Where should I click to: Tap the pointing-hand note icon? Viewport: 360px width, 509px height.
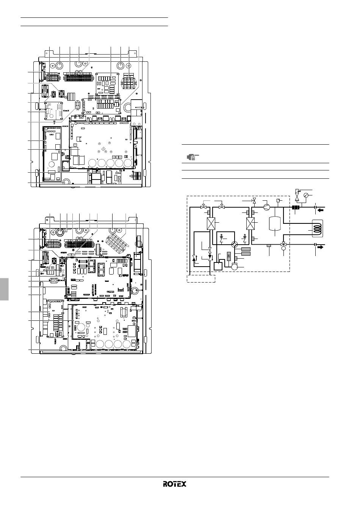(193, 157)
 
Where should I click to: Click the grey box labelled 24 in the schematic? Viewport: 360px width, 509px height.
(229, 256)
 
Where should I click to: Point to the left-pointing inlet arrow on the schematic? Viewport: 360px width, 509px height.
(321, 211)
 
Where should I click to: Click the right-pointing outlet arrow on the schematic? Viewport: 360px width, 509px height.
(320, 247)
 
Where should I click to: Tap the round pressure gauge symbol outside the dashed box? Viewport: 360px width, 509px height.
(306, 195)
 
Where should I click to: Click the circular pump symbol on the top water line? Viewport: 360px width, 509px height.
(266, 207)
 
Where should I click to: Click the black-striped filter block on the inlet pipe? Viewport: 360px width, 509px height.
(295, 207)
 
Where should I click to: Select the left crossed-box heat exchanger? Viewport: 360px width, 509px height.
(211, 223)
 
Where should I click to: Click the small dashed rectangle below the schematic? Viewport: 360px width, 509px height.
(201, 279)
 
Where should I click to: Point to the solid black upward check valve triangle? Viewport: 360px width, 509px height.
(194, 258)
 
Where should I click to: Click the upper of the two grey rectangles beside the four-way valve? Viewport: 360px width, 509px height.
(246, 249)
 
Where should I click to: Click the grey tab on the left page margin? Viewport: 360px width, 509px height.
(4, 289)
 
